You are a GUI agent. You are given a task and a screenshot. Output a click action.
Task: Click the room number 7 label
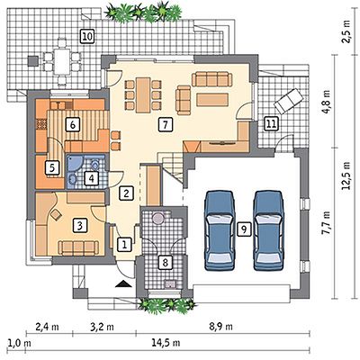pos(166,124)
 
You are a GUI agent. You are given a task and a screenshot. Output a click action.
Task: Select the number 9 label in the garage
pos(244,229)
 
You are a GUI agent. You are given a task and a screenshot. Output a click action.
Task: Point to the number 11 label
pos(271,124)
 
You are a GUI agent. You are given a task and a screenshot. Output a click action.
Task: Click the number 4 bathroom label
pos(91,178)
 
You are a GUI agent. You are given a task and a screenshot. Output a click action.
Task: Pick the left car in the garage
pos(220,229)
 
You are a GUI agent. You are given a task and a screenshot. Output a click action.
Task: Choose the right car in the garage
pos(268,229)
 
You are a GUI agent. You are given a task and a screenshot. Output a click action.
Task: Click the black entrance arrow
pos(123,284)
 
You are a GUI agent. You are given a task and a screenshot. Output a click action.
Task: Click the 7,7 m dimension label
pos(328,224)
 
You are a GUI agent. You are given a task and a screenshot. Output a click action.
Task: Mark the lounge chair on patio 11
pos(287,101)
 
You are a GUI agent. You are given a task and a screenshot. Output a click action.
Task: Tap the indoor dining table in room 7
pos(143,95)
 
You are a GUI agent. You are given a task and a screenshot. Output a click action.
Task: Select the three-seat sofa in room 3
pos(78,247)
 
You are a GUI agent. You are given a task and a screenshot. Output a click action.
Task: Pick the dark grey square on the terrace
pos(33,61)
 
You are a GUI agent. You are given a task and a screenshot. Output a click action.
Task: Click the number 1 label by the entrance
pos(124,245)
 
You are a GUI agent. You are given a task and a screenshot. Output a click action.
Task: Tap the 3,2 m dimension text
pos(103,327)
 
